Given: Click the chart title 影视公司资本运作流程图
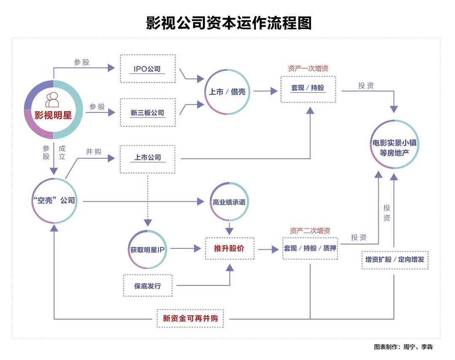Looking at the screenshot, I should tap(229, 23).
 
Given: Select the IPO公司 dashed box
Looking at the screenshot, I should tap(147, 69).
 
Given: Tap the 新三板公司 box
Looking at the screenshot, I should tap(147, 112).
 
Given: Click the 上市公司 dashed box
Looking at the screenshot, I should tap(147, 158).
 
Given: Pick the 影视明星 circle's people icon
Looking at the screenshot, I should tap(53, 100).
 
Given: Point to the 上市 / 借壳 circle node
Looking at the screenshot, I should tap(227, 91).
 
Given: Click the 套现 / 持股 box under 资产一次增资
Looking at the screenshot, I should tap(308, 88).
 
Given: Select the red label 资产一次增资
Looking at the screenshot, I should tap(308, 68).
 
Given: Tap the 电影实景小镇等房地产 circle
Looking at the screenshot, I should tap(395, 144).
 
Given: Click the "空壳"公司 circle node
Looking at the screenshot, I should tap(54, 200).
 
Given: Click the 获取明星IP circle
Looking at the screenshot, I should tap(147, 249).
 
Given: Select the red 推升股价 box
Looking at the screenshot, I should tap(229, 248).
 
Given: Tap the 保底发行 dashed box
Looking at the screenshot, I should tap(147, 286).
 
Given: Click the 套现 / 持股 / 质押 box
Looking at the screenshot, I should tap(310, 248).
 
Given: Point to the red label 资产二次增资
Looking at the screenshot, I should tap(310, 231).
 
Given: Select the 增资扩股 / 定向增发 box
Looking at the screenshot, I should tap(395, 260).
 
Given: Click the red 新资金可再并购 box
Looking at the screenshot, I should tap(190, 318).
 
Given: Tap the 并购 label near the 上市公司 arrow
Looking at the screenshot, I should tap(94, 152).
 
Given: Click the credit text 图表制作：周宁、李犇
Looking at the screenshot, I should tap(403, 347).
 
